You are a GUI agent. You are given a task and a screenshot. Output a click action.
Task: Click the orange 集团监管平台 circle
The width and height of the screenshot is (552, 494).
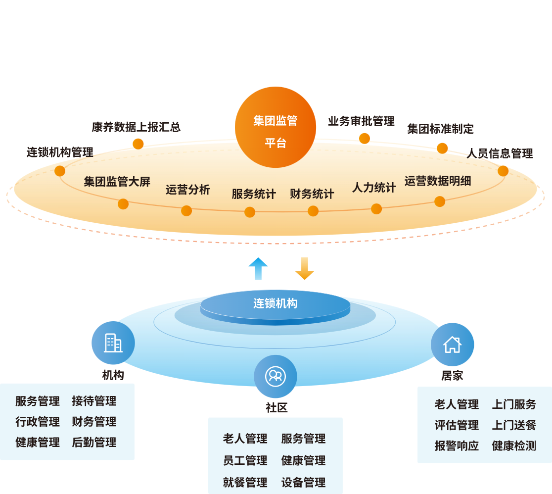(x=276, y=128)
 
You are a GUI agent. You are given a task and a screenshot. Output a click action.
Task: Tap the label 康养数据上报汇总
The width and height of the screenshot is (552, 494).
(x=136, y=127)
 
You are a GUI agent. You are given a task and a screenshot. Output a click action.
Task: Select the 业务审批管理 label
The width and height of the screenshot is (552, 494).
(x=361, y=121)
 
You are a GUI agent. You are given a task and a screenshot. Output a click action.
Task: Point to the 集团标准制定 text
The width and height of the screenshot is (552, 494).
(x=440, y=129)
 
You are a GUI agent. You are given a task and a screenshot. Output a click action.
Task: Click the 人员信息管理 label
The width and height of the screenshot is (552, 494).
(x=500, y=154)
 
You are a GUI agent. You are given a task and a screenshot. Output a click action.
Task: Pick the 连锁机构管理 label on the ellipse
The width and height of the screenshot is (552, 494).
(x=60, y=152)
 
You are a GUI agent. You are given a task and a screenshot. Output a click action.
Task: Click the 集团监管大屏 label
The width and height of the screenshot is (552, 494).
(x=117, y=182)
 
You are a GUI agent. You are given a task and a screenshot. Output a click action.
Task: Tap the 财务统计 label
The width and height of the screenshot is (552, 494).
(x=312, y=194)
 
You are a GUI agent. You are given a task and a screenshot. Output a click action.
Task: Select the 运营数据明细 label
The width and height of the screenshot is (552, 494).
(x=437, y=181)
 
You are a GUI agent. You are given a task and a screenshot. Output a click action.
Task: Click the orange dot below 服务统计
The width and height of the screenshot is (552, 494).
(x=250, y=212)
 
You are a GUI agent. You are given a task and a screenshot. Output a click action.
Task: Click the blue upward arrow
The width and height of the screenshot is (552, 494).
(x=258, y=269)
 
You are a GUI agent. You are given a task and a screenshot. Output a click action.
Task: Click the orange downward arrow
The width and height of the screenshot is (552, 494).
(x=305, y=269)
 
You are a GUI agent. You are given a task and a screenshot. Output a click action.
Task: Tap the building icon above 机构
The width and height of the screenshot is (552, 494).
(x=113, y=343)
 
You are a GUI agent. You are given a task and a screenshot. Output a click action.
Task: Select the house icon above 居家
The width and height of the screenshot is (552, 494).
(x=452, y=345)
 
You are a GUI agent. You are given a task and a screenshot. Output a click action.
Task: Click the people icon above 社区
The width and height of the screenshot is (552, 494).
(x=276, y=376)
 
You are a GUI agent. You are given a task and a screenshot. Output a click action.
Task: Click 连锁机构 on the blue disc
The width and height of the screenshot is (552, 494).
(x=276, y=303)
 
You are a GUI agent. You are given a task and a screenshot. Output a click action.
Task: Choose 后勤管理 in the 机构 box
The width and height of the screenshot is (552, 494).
(x=94, y=443)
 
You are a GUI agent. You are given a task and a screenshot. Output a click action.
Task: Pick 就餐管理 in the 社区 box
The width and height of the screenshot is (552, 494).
(x=245, y=482)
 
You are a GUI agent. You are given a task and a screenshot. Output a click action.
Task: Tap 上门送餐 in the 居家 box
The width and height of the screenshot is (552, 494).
(x=514, y=425)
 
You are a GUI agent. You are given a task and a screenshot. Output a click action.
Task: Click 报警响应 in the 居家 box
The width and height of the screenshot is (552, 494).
(x=457, y=446)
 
